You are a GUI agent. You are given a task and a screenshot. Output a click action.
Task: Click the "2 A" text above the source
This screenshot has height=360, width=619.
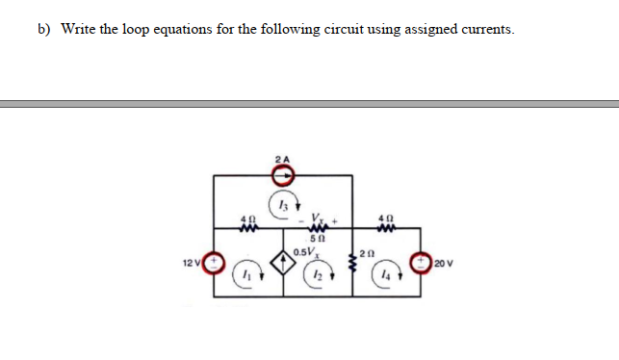pos(281,158)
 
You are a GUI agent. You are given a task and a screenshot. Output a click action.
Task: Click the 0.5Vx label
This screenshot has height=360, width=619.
pos(307,253)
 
